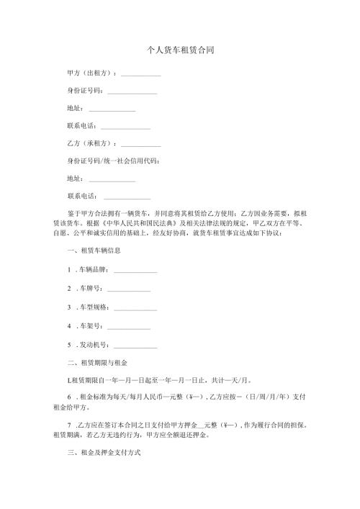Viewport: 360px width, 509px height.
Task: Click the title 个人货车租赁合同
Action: point(179,51)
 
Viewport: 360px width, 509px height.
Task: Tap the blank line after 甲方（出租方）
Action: point(140,76)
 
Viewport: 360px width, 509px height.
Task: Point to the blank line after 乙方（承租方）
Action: point(140,145)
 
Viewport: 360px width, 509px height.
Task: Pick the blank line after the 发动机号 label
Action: point(135,346)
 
